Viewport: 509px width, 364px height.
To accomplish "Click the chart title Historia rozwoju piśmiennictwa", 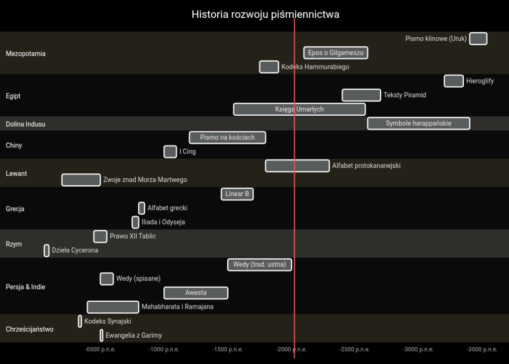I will click(265, 14).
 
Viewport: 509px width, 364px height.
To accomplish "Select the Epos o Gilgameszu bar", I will click(336, 53).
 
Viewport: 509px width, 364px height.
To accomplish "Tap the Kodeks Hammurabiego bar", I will click(269, 67).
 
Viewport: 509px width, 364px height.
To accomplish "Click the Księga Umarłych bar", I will click(299, 109).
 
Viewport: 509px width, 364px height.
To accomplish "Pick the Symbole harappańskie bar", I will click(419, 123).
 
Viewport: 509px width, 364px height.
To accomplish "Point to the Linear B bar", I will click(237, 194).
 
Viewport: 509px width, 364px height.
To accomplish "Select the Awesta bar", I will click(196, 292).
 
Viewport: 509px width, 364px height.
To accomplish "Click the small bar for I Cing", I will click(170, 151).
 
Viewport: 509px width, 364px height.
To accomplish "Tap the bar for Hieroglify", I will click(454, 81).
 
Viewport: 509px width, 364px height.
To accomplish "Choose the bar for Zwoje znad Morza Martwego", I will click(81, 180).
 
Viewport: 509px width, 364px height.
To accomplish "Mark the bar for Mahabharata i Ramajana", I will click(113, 307).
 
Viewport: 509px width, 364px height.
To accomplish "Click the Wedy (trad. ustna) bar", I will click(259, 265).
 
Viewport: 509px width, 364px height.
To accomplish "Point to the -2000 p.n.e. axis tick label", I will click(291, 350).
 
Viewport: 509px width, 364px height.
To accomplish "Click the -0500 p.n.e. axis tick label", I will click(100, 350).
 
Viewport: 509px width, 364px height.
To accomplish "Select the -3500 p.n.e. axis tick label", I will click(482, 350).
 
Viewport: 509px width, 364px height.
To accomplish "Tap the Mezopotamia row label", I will click(26, 54).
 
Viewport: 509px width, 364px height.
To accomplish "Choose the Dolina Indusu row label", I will click(25, 124).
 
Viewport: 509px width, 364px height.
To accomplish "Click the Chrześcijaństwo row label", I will click(30, 329).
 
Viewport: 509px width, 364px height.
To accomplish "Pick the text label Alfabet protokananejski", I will click(366, 166).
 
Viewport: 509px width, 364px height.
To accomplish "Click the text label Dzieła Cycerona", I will click(75, 250).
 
